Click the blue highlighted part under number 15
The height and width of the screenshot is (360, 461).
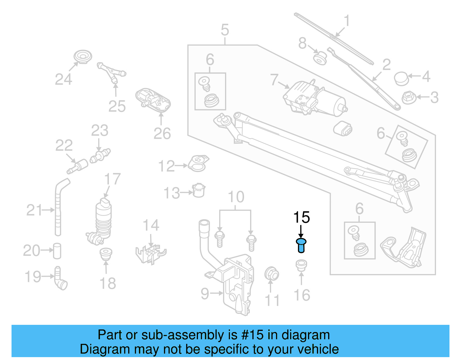[x=301, y=246]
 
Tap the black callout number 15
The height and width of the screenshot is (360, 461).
[x=301, y=217]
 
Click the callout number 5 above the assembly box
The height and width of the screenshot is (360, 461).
[x=225, y=30]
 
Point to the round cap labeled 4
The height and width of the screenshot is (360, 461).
[x=401, y=78]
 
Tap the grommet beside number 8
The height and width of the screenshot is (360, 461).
[x=320, y=58]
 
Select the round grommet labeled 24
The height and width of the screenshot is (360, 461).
[x=83, y=56]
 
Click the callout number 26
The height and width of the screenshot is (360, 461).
[x=162, y=133]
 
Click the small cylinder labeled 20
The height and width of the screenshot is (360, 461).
[x=57, y=251]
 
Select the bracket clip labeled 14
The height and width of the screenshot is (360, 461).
[x=150, y=253]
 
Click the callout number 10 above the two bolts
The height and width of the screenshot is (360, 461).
[x=236, y=197]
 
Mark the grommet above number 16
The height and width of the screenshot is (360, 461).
[x=301, y=265]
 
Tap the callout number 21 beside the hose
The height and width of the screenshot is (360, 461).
[x=34, y=210]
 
